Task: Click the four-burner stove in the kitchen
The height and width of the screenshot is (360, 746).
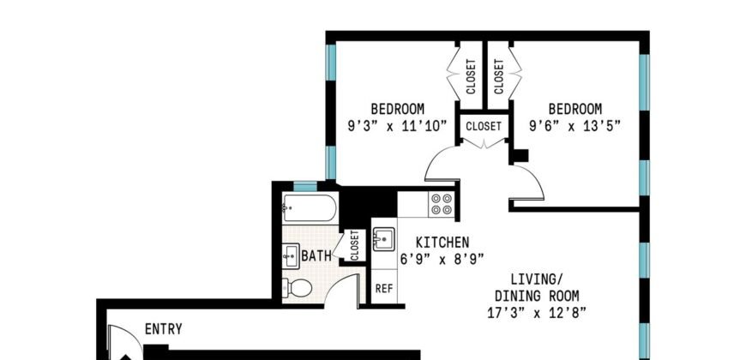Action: coord(442,203)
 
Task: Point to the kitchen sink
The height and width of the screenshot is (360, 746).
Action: coord(382,238)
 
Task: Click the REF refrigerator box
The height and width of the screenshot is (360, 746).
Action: coord(383,288)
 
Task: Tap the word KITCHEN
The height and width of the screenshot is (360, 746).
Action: coord(442,242)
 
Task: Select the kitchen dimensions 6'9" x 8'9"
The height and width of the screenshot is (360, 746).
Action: coord(442,258)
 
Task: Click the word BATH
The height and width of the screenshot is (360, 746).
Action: coord(316,255)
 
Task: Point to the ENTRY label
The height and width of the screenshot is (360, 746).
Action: coord(163,328)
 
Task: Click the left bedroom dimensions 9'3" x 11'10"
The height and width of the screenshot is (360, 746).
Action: coord(397,124)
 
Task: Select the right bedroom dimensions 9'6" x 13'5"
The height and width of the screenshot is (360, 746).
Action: coord(575,124)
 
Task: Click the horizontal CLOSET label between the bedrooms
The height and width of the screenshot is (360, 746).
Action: coord(484,125)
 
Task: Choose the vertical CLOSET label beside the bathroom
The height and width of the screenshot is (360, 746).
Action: coord(354,245)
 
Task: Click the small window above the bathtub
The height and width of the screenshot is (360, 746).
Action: coord(305,186)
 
